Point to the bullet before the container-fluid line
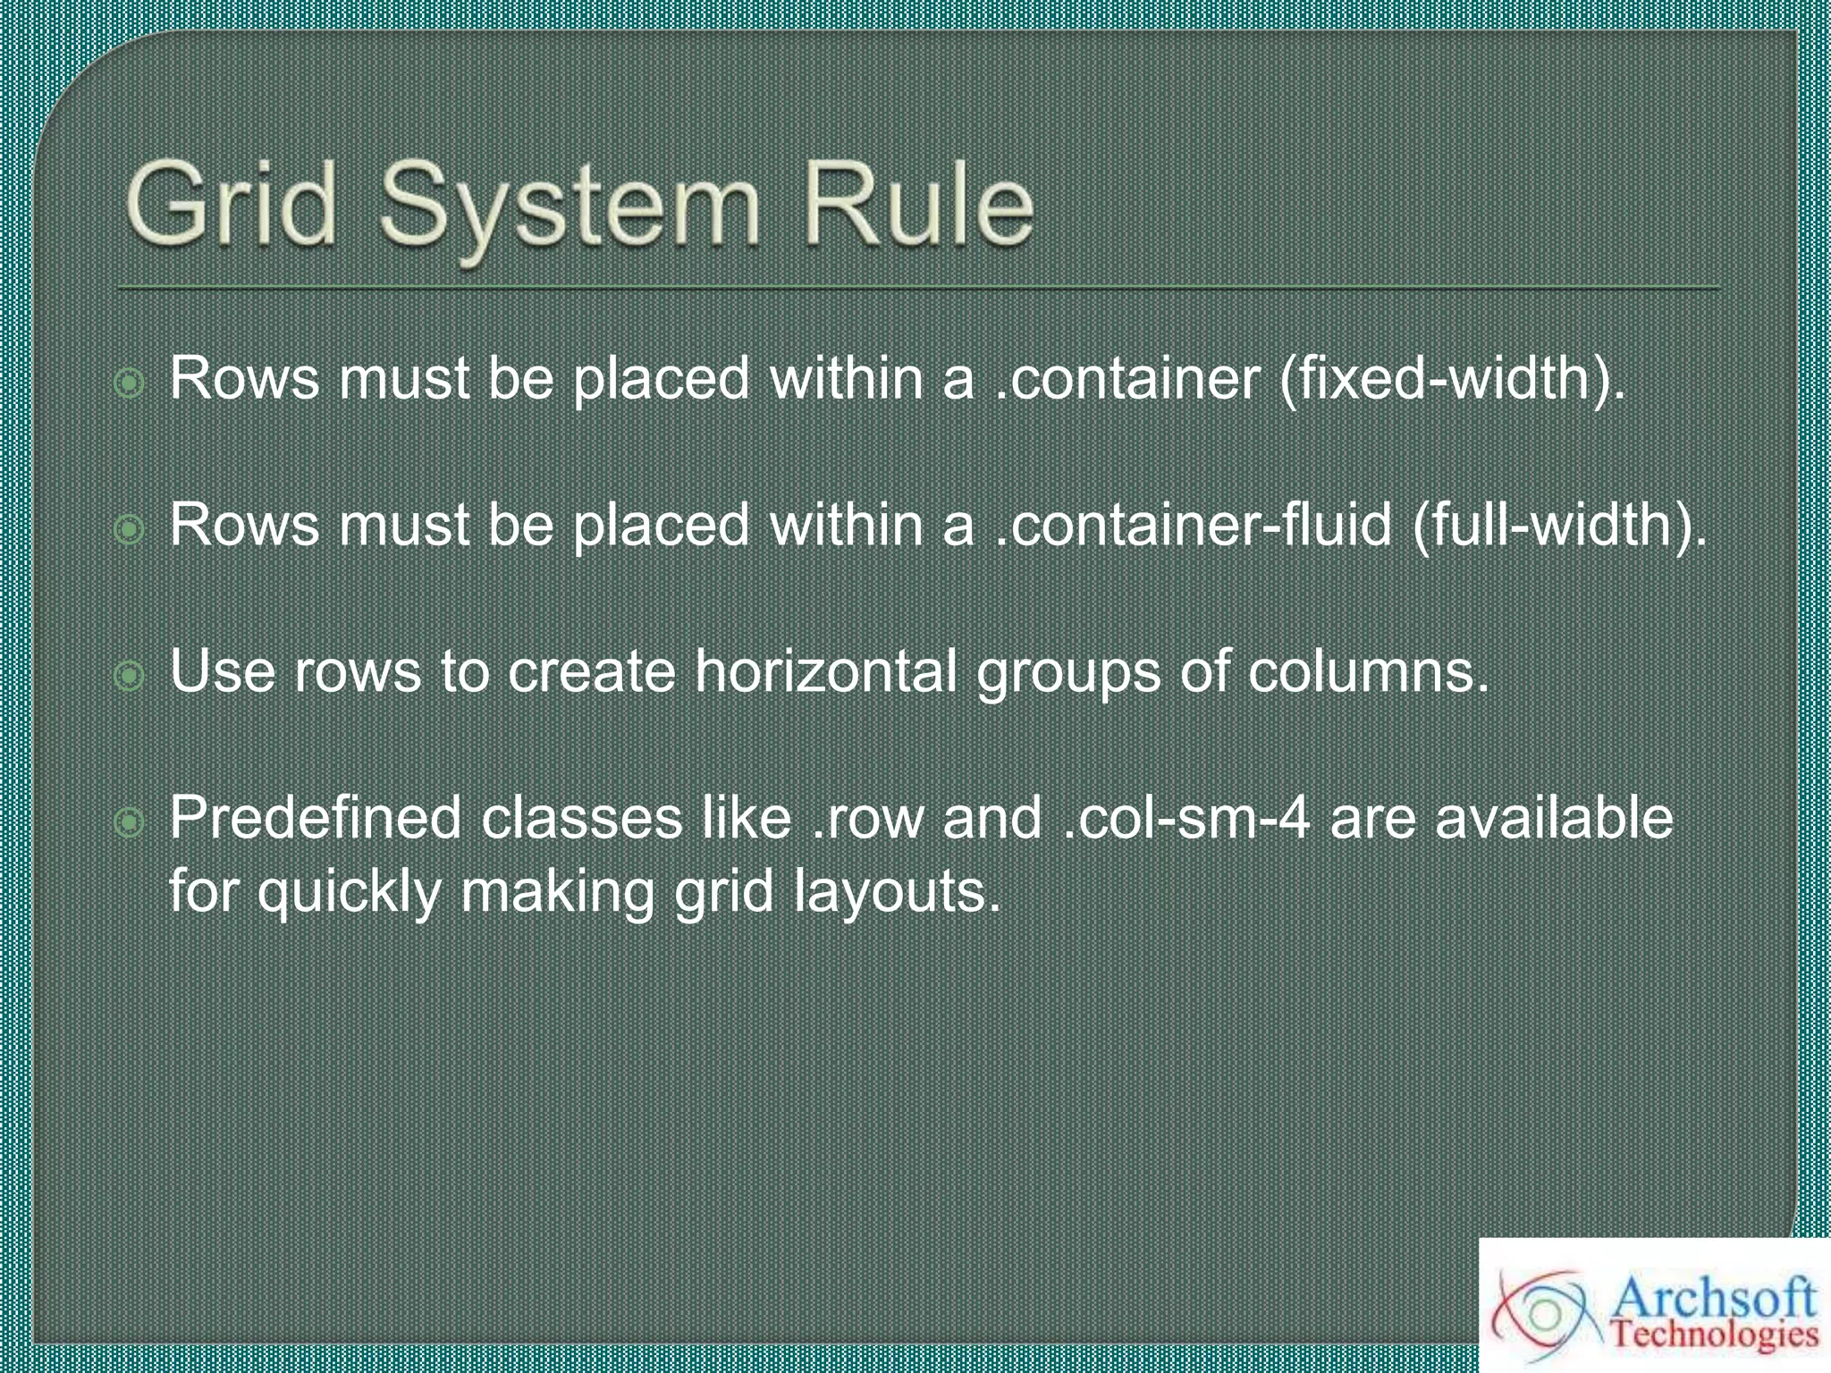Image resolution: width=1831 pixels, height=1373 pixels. [x=131, y=531]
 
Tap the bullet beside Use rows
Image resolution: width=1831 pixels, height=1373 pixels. [x=131, y=677]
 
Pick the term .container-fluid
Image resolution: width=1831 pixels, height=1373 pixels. [x=1194, y=525]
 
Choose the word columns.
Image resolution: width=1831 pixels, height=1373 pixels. [x=1369, y=672]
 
